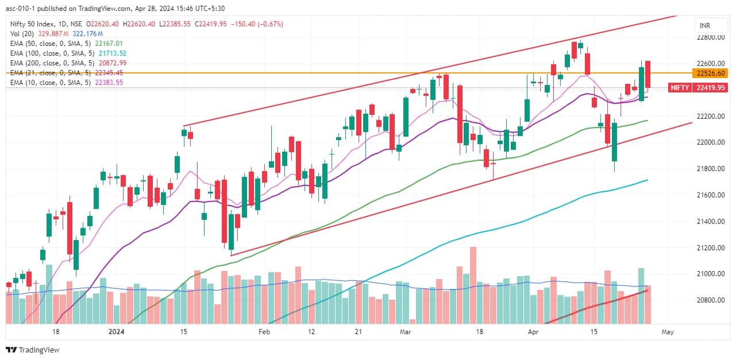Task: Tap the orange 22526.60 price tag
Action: (709, 73)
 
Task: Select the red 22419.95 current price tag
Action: (710, 88)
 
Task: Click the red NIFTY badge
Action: (680, 88)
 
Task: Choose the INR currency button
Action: (703, 26)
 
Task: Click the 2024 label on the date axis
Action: (117, 332)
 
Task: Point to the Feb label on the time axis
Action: (264, 332)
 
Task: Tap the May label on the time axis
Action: (667, 332)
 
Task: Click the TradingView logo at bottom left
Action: (33, 350)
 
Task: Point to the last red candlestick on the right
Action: (648, 75)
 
